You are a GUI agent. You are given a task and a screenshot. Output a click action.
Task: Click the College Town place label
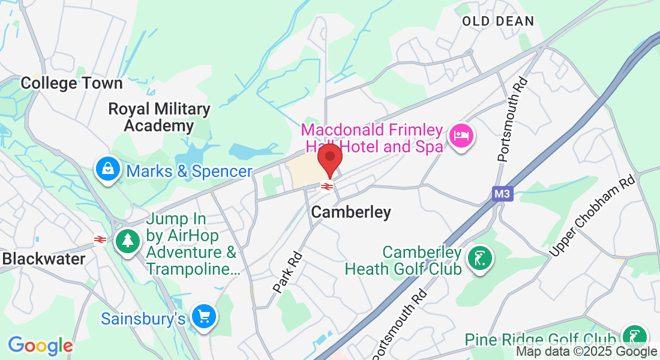tap(71, 83)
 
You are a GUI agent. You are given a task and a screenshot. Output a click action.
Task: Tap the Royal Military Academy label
tap(159, 118)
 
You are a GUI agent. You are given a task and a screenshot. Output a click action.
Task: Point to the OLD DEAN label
tap(498, 22)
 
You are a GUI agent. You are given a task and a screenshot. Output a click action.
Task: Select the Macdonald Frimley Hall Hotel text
tap(372, 138)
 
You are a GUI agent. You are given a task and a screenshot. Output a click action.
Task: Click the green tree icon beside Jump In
tap(127, 241)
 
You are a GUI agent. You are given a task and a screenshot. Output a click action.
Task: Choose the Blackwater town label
tap(44, 259)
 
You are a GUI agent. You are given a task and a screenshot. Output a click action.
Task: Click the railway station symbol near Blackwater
tap(100, 240)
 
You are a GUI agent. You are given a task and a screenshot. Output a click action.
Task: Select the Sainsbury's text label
tap(143, 318)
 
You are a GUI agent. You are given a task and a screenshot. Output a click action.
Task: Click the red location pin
tap(329, 158)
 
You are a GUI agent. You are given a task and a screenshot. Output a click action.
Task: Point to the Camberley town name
tap(351, 212)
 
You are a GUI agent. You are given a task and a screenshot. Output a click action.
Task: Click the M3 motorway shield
tap(500, 194)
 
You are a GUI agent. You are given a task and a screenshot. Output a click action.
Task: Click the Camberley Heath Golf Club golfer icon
tap(479, 259)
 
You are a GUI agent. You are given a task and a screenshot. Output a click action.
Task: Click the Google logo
tap(40, 346)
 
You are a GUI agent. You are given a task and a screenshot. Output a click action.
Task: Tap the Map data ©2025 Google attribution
tap(587, 352)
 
